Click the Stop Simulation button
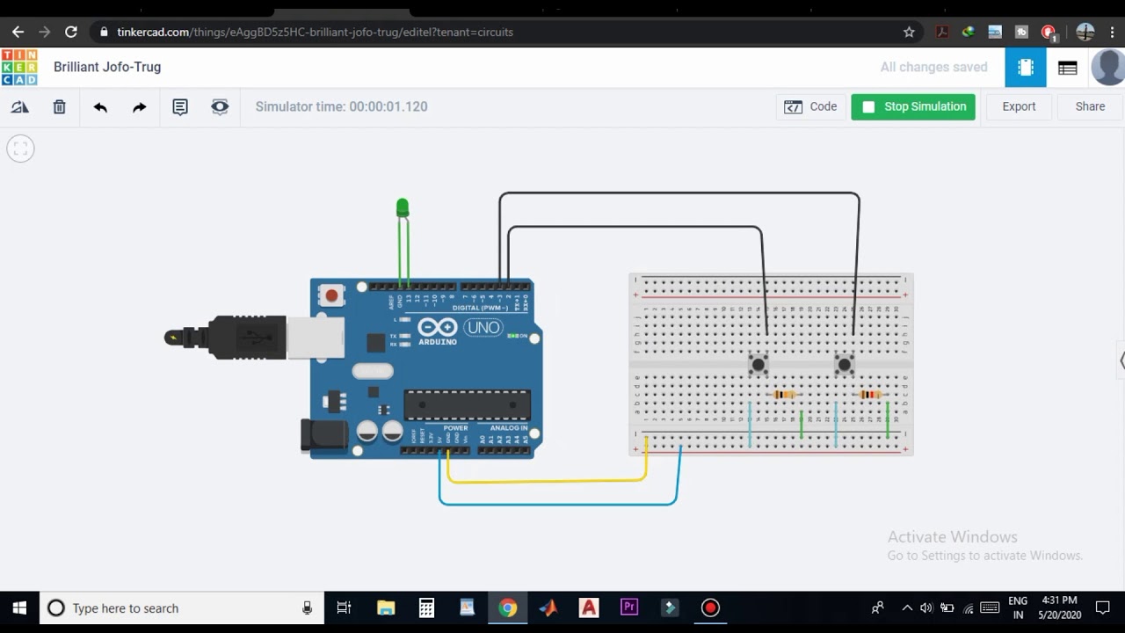pos(913,106)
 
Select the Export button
pos(1019,106)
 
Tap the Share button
pos(1090,106)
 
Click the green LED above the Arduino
pos(403,207)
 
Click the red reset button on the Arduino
pos(331,295)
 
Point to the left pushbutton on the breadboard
pos(758,363)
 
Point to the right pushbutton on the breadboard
pos(844,363)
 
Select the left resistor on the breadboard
pos(784,395)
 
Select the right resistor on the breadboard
pos(870,395)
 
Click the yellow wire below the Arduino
pos(545,481)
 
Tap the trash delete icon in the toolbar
pos(59,106)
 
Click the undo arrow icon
pos(100,106)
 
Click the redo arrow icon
pos(139,106)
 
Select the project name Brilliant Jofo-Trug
pos(107,67)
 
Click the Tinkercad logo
pos(19,67)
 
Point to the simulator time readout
pos(341,106)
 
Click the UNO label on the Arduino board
pos(483,328)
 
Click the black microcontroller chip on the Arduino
pos(467,405)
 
